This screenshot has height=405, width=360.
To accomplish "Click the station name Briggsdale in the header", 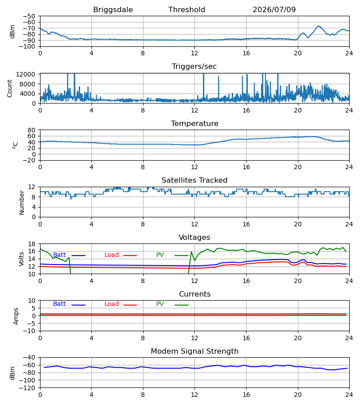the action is pyautogui.click(x=113, y=10).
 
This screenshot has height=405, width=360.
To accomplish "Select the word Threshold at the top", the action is pyautogui.click(x=187, y=9).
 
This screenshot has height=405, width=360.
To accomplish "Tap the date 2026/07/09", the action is pyautogui.click(x=274, y=10).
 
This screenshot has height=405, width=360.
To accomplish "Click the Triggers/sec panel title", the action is pyautogui.click(x=194, y=67).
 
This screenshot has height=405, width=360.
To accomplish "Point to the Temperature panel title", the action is pyautogui.click(x=194, y=123).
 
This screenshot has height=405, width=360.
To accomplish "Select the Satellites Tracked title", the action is pyautogui.click(x=194, y=180).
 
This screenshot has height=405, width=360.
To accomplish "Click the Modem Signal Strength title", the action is pyautogui.click(x=194, y=351).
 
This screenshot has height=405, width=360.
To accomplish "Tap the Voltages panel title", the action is pyautogui.click(x=194, y=237).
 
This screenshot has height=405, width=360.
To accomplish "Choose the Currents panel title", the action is pyautogui.click(x=195, y=294).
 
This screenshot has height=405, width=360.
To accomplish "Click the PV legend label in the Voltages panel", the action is pyautogui.click(x=160, y=255).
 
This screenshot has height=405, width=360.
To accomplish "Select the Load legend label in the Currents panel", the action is pyautogui.click(x=111, y=304).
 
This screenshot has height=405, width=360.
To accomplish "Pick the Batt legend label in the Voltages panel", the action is pyautogui.click(x=59, y=255).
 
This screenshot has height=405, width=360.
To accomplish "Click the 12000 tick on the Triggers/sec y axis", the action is pyautogui.click(x=26, y=74).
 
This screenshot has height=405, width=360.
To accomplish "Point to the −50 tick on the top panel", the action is pyautogui.click(x=29, y=16).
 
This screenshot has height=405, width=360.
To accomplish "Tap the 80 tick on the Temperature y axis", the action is pyautogui.click(x=31, y=130).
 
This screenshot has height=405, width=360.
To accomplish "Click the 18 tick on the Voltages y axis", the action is pyautogui.click(x=31, y=244).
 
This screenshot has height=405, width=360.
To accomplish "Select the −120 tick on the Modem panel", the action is pyautogui.click(x=27, y=388).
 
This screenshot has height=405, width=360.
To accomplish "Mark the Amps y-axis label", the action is pyautogui.click(x=16, y=316).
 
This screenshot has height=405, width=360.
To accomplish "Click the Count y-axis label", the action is pyautogui.click(x=9, y=88).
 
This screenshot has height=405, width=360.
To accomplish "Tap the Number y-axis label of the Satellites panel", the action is pyautogui.click(x=22, y=202).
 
